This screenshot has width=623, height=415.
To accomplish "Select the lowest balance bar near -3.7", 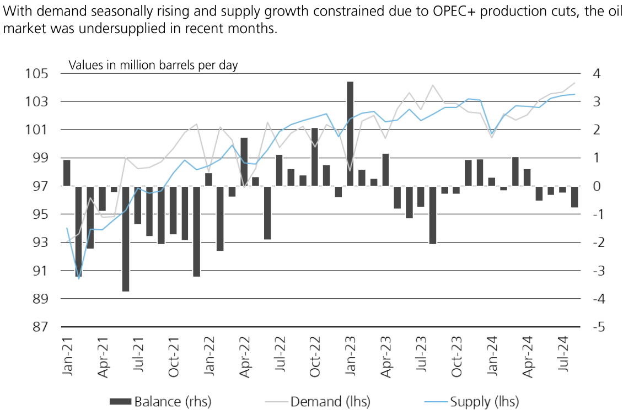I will pyautogui.click(x=126, y=238).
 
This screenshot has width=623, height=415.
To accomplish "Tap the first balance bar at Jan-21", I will pyautogui.click(x=67, y=173).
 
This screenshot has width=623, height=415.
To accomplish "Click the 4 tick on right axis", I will pyautogui.click(x=596, y=74).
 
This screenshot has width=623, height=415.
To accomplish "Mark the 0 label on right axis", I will pyautogui.click(x=596, y=186).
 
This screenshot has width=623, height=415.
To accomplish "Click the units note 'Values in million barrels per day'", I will pyautogui.click(x=153, y=65).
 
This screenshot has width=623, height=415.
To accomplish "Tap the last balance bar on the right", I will pyautogui.click(x=574, y=197).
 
